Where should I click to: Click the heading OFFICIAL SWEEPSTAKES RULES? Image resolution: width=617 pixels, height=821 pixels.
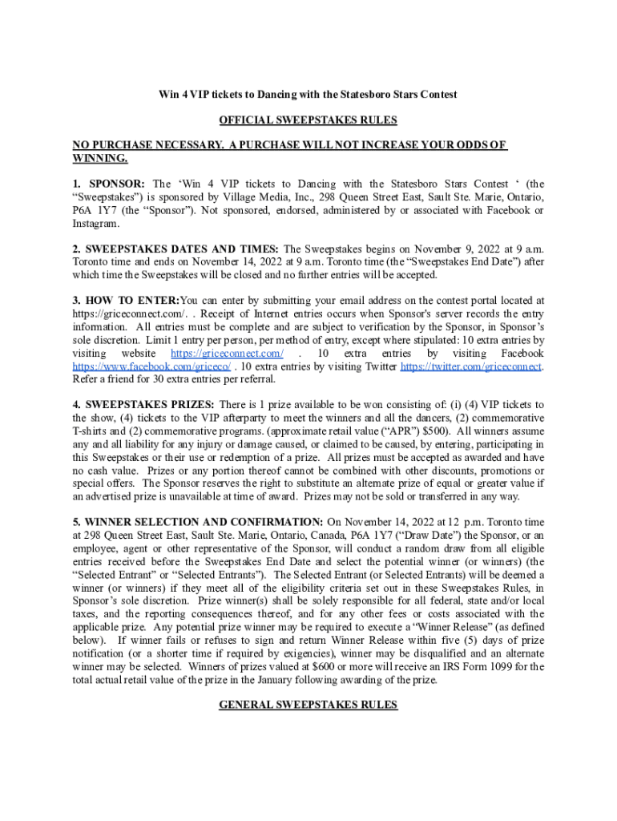308,120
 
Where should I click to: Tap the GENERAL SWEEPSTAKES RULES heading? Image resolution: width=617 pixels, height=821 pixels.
308,704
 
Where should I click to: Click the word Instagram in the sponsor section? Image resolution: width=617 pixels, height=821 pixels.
97,223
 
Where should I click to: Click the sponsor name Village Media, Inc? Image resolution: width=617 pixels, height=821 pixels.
271,197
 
